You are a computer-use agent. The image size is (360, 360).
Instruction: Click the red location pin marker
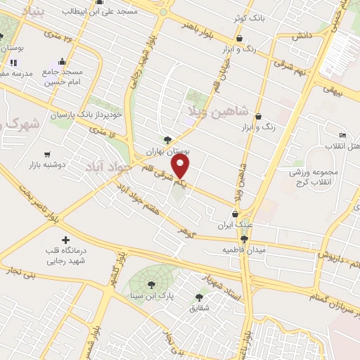[x=181, y=167]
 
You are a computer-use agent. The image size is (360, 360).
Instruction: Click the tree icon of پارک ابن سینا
[x=151, y=284]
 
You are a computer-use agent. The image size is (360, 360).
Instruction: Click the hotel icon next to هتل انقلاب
[x=342, y=135]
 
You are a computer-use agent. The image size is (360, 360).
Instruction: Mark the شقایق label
[x=199, y=307]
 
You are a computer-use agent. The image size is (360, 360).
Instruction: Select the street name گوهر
[x=185, y=231]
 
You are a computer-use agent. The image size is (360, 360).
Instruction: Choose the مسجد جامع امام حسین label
[x=62, y=77]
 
